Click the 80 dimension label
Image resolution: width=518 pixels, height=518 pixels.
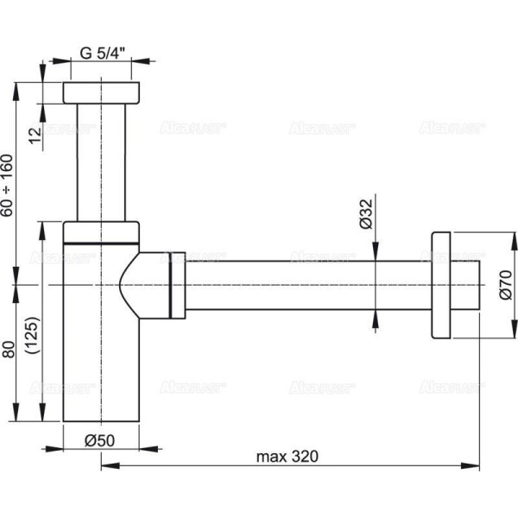[x=8, y=351]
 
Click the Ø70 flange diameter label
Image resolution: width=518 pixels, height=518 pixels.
[x=506, y=286]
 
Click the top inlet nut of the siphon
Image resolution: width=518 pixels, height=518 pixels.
[x=102, y=93]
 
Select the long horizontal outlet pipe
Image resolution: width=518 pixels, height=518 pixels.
[x=302, y=285]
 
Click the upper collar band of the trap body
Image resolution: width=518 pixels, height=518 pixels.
[x=102, y=231]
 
